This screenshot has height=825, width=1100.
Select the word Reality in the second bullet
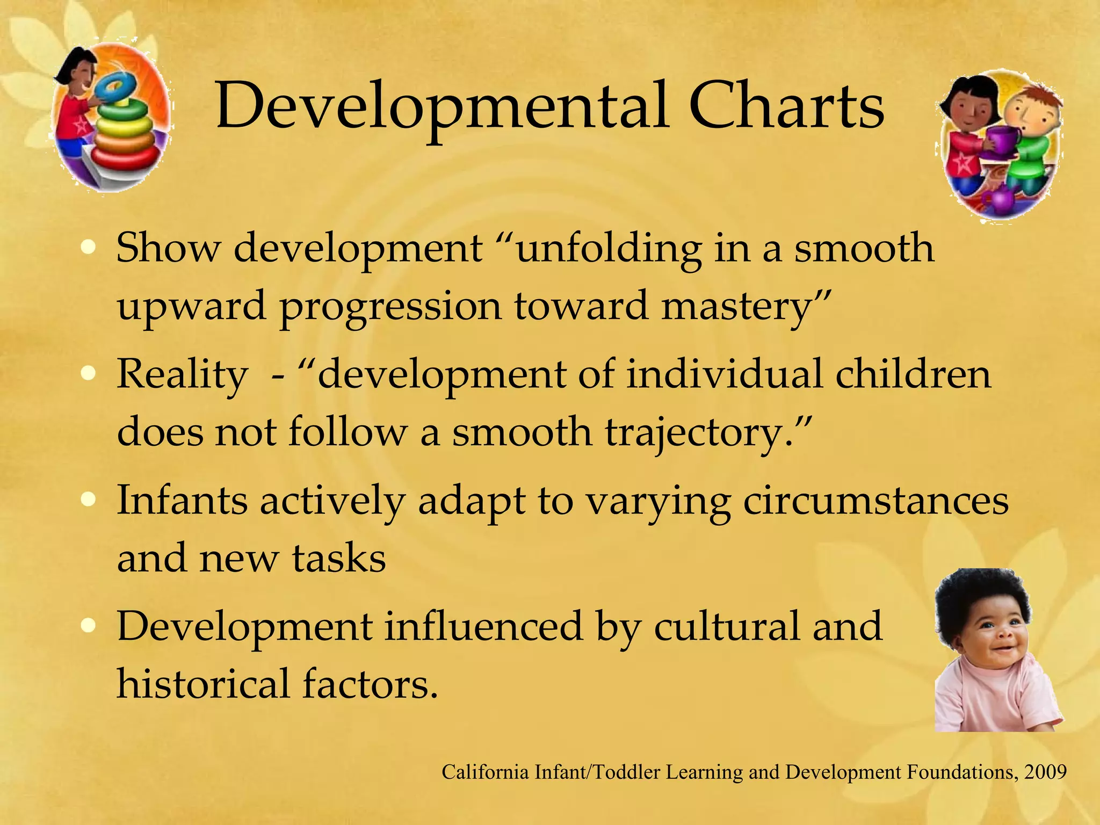point(182,374)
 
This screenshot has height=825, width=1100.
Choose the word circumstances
point(876,501)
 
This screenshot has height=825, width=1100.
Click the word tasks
point(339,558)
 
